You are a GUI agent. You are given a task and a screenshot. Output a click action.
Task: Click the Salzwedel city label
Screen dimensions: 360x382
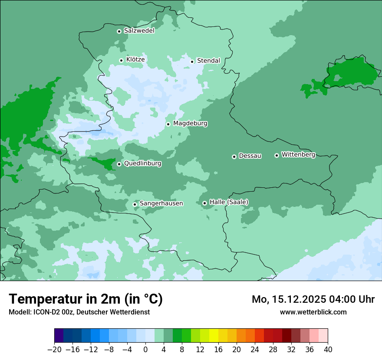[x=139, y=31]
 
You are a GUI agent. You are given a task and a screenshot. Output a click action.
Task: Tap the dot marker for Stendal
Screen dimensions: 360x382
[x=192, y=62]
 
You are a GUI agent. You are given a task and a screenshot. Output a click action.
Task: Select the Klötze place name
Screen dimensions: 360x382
[x=135, y=59]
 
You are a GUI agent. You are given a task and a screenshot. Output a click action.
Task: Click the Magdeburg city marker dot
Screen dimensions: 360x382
[x=168, y=124]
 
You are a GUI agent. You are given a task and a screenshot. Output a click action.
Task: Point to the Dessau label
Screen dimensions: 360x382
[x=250, y=156]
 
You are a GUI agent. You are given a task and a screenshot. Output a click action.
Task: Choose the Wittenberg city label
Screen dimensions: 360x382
[x=298, y=155]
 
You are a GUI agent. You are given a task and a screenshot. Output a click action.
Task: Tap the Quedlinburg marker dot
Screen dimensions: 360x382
[x=119, y=164]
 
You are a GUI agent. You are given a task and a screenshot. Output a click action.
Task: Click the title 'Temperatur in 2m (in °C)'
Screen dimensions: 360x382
[x=86, y=299]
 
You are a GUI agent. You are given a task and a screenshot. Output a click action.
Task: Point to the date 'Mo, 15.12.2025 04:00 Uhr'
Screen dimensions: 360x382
[x=313, y=299]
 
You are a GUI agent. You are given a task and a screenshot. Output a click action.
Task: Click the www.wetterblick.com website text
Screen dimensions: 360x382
[x=313, y=312]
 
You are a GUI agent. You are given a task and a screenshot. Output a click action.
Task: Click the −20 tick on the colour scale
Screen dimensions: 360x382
[x=55, y=350]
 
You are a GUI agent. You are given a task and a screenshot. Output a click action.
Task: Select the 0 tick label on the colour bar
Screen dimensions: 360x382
[x=145, y=350]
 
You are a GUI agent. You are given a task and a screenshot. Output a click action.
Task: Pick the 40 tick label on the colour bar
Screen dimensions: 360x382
[x=328, y=350]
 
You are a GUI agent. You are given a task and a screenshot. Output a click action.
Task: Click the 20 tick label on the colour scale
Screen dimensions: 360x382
[x=237, y=350]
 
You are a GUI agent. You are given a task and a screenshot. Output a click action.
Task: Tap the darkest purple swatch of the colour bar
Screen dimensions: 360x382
[x=59, y=336]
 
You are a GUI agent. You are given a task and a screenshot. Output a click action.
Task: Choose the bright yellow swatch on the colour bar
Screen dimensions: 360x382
[x=214, y=336]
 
